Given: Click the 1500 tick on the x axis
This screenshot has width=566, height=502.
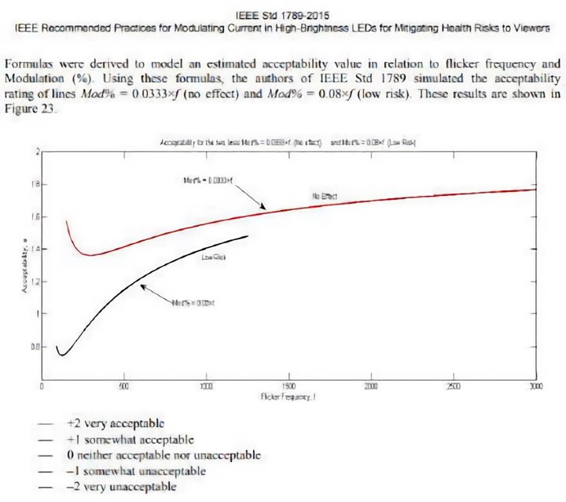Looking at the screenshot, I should coord(289,386).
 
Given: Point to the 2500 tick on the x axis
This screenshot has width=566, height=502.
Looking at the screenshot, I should coord(454,386).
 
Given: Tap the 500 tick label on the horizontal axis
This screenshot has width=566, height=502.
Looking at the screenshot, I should coord(123,386).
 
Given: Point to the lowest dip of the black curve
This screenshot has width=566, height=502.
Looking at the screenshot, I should coord(61,355).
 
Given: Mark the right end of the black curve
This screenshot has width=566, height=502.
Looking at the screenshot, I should coord(248,236).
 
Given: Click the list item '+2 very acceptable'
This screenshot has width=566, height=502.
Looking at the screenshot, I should coord(115,422).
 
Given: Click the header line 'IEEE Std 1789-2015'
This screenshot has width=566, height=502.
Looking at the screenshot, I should coord(284,14).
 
